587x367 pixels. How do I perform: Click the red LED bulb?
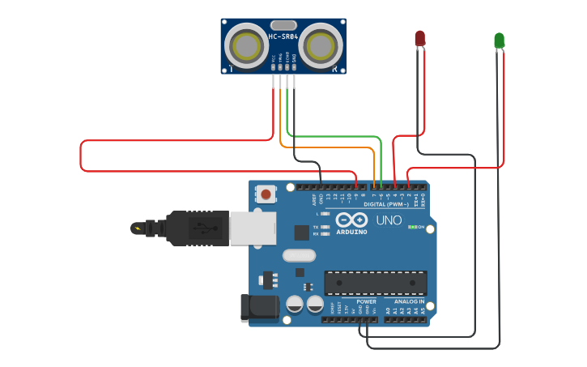[419, 38]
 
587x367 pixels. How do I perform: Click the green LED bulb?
[500, 40]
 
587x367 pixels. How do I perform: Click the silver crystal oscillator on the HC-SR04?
[283, 24]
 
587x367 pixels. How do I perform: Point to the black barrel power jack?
[258, 308]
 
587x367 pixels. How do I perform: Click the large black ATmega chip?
[376, 282]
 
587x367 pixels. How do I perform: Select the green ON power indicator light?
[410, 227]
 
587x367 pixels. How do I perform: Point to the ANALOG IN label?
[409, 301]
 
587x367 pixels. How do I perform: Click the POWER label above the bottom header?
[366, 301]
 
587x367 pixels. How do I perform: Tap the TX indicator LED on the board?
[325, 227]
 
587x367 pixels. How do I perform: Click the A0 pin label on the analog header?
[388, 310]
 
